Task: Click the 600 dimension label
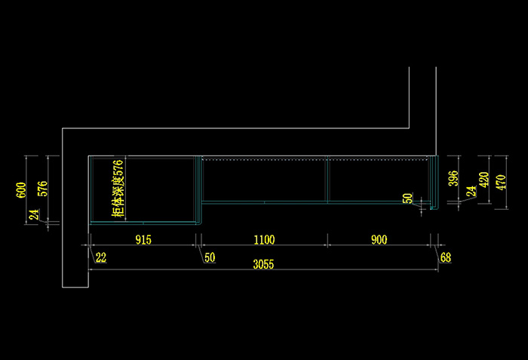[21, 189]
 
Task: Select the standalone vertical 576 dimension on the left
[42, 189]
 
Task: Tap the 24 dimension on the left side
[33, 215]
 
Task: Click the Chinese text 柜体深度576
[117, 189]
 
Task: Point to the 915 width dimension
[143, 240]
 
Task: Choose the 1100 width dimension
[264, 240]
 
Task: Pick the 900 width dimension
[379, 240]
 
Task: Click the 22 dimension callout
[101, 258]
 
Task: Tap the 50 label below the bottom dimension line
[210, 258]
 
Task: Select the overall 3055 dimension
[263, 266]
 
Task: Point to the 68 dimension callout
[445, 258]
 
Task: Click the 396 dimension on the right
[453, 179]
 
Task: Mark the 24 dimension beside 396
[471, 192]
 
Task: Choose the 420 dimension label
[484, 180]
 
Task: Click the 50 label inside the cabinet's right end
[408, 198]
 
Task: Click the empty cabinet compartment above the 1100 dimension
[264, 181]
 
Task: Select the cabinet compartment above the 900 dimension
[377, 181]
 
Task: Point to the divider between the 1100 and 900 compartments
[327, 180]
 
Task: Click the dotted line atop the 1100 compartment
[264, 159]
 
